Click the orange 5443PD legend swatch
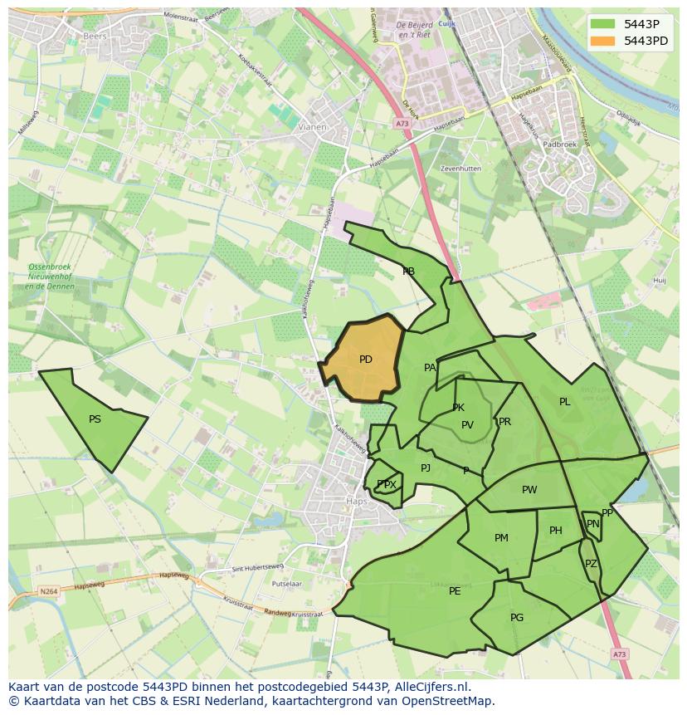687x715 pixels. point(603,41)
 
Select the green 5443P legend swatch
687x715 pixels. point(603,23)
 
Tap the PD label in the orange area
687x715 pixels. point(366,360)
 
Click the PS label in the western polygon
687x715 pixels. point(95,419)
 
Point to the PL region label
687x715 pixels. point(565,402)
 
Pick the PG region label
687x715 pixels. point(517,617)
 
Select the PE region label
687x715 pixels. point(455,591)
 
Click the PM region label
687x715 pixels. point(501,538)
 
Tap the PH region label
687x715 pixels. point(556,531)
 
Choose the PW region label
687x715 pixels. point(529,490)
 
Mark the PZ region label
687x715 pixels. point(591,564)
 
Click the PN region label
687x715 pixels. point(592,524)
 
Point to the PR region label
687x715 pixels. point(504,422)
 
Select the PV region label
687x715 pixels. point(467,425)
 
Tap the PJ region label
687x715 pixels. point(426,468)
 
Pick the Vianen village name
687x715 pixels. point(313,127)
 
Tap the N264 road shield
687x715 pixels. point(48,591)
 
